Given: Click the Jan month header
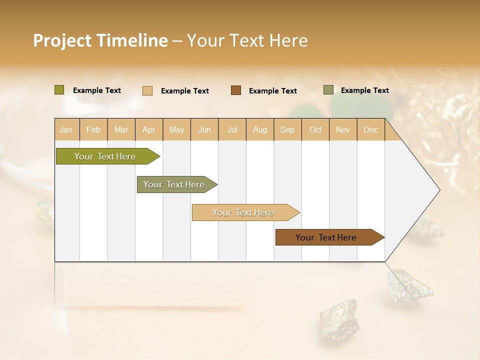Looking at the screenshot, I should [x=66, y=130].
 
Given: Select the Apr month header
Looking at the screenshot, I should [x=148, y=130].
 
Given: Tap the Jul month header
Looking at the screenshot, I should [x=232, y=130].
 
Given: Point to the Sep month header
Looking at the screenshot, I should [x=287, y=130].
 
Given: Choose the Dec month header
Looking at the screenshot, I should [x=370, y=130].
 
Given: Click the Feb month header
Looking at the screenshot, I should [x=93, y=130].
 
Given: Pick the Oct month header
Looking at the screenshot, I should [x=315, y=130].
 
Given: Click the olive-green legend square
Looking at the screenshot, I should [x=59, y=90].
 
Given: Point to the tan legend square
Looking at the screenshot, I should [x=147, y=90].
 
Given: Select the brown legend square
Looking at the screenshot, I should [x=236, y=90].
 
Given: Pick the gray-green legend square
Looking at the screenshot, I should [x=328, y=90].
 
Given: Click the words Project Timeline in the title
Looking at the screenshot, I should [x=100, y=40].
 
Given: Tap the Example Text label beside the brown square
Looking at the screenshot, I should [x=273, y=91].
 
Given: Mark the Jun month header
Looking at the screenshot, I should [x=204, y=130].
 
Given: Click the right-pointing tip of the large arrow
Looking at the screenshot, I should [x=438, y=190].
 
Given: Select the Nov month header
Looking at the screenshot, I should [x=343, y=130].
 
